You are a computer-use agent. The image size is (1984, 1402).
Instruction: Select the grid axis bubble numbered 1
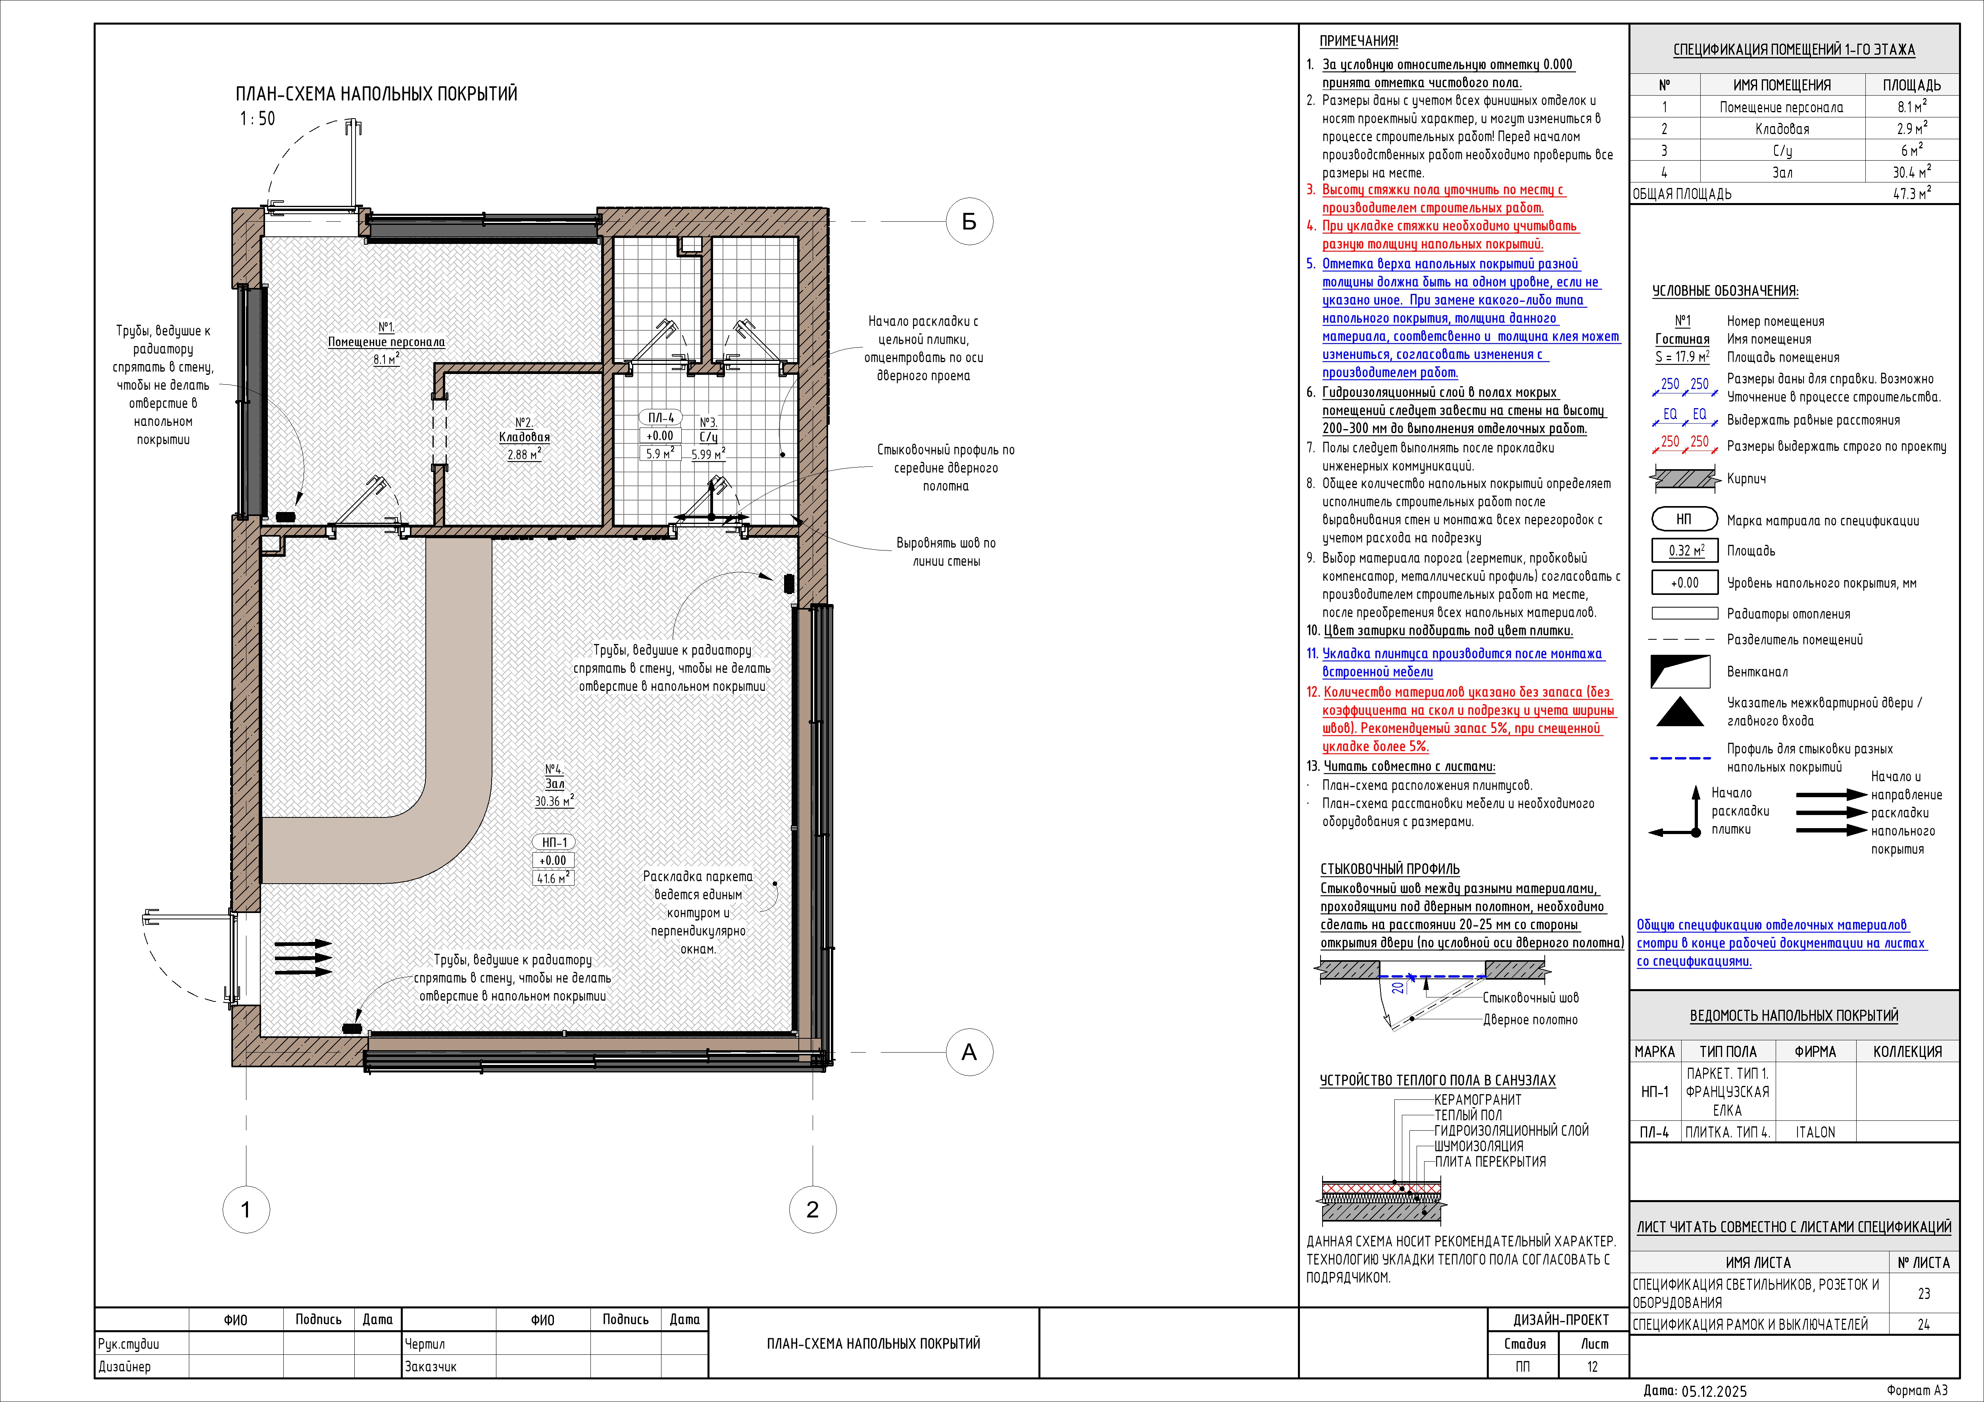point(246,1209)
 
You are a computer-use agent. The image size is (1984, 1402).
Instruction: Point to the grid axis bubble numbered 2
point(812,1209)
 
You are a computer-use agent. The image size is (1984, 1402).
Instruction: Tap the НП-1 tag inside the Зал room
point(554,842)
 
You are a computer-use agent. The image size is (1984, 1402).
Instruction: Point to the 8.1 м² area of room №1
point(386,359)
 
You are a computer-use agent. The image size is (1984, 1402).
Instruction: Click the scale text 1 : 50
point(258,118)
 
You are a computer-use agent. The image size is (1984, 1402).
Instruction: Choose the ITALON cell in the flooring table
point(1815,1132)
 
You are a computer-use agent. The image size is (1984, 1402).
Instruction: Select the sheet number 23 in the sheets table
point(1924,1293)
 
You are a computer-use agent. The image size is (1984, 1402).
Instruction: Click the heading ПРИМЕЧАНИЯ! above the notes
point(1358,40)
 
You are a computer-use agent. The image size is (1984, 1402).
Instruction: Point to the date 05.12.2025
point(1713,1391)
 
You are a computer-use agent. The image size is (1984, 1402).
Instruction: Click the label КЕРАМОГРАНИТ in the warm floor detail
point(1478,1100)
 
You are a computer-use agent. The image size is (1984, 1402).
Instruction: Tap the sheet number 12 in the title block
point(1593,1367)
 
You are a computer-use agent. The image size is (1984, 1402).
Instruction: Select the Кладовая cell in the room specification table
point(1782,129)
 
